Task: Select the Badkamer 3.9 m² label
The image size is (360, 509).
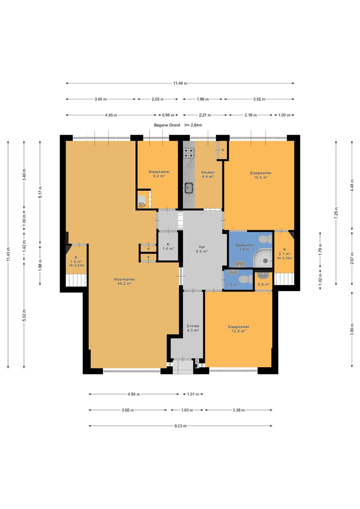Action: [245, 247]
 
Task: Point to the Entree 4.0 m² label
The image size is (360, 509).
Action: [193, 328]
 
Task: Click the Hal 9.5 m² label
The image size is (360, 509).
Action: [202, 249]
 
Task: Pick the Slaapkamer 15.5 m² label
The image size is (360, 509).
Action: [261, 175]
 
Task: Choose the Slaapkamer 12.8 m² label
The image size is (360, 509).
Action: [239, 329]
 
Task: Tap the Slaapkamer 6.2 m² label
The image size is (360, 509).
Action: [159, 174]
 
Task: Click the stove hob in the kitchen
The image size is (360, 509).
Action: [189, 153]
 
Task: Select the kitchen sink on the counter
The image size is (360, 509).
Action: [189, 188]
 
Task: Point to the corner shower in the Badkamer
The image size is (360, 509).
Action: [263, 258]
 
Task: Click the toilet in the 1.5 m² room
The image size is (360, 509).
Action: [246, 279]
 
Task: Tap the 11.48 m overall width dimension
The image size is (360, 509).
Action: [180, 83]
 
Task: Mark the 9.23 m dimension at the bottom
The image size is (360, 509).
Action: [180, 426]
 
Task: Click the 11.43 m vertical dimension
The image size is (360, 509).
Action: [8, 254]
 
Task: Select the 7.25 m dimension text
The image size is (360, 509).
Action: [336, 213]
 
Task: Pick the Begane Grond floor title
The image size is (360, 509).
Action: [167, 125]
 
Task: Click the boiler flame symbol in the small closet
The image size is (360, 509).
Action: [142, 205]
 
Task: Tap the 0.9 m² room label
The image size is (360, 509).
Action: [263, 284]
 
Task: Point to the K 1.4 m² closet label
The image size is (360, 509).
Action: [168, 246]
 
